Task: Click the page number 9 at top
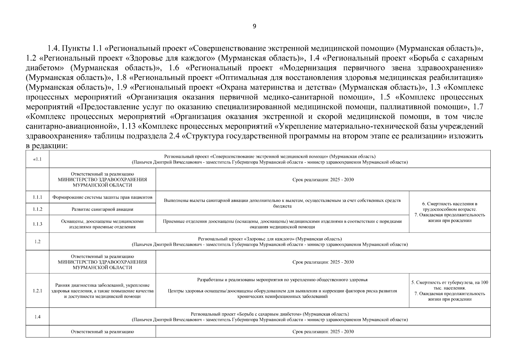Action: coord(254,26)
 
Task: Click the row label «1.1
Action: coord(37,159)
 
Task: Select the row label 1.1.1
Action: coord(37,197)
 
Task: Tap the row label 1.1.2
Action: coord(37,209)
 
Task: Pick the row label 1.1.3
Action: coord(37,224)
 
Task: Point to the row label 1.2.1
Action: coord(37,291)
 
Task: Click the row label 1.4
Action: coord(37,316)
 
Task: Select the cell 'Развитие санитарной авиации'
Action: coord(102,209)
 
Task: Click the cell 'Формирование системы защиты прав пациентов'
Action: coord(102,197)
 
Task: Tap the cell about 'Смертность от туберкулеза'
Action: coord(450,291)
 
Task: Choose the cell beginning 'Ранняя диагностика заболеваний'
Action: coord(102,291)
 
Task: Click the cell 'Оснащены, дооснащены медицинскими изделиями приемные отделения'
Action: coord(102,224)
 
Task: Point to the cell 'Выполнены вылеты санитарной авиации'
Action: coord(282,203)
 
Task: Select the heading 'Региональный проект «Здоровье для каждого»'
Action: coord(270,239)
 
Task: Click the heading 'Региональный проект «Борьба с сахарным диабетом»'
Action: coord(270,314)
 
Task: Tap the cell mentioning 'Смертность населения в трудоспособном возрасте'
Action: coord(450,212)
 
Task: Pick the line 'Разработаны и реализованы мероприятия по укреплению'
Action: coord(282,280)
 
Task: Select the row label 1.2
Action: coord(37,241)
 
